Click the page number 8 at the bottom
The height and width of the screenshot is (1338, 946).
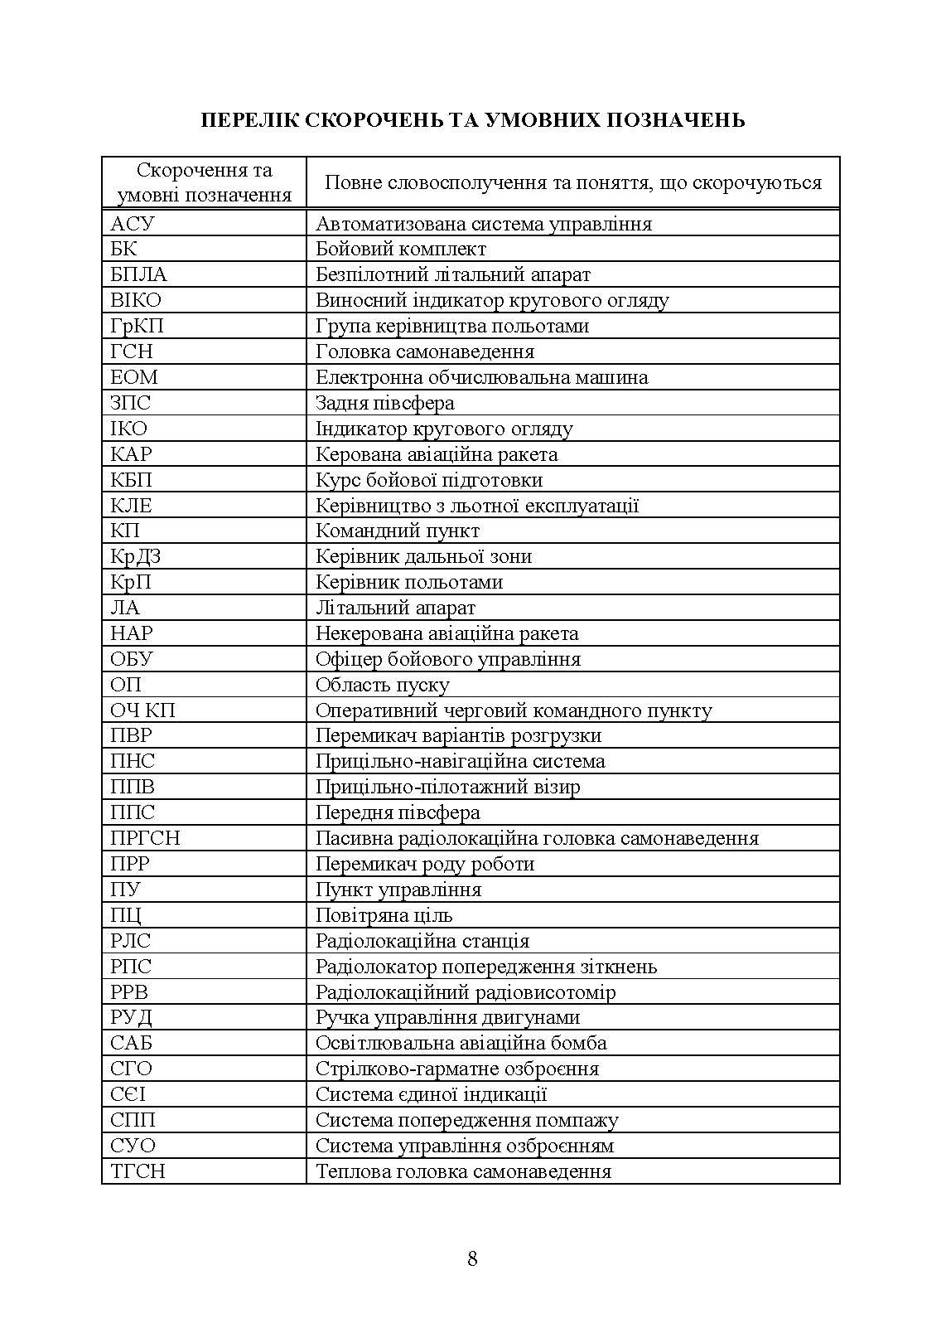(472, 1258)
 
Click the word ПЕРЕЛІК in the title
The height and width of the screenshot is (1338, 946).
(244, 120)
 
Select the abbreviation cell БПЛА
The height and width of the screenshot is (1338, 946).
(138, 274)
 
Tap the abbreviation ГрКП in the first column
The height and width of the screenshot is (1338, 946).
(137, 326)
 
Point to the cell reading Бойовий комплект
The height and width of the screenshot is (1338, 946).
(400, 249)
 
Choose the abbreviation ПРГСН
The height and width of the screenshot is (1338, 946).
(145, 838)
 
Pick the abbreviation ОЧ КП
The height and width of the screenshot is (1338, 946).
(142, 710)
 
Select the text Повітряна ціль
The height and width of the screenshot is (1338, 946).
(384, 915)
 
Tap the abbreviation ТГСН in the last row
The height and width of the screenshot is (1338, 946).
(138, 1171)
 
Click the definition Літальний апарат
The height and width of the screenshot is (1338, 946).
(395, 608)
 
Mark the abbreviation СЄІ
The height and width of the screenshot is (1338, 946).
(128, 1094)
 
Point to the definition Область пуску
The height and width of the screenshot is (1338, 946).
(382, 685)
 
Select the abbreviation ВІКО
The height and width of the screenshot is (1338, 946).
(136, 300)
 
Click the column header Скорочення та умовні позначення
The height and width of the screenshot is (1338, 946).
(204, 182)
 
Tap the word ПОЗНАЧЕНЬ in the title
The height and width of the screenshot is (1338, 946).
(677, 120)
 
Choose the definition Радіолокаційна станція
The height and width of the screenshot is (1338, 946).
(422, 941)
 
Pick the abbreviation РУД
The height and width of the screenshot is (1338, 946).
(131, 1017)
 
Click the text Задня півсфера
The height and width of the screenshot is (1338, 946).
(384, 403)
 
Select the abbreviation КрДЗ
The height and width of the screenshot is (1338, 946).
(135, 556)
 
